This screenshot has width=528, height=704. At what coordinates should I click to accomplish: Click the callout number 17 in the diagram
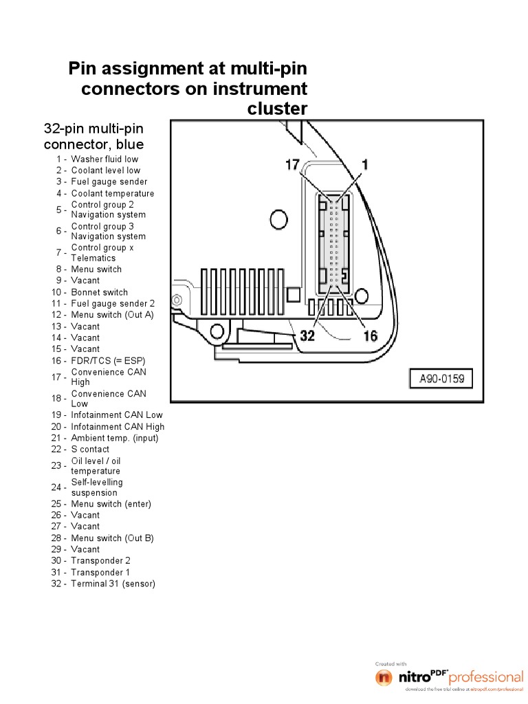(292, 165)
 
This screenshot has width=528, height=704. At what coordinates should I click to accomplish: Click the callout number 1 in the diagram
(365, 164)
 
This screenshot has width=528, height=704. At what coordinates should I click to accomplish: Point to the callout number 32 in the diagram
(307, 335)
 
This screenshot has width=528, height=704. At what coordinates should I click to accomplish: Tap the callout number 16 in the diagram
(371, 335)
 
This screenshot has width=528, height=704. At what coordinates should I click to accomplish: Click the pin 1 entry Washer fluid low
(104, 159)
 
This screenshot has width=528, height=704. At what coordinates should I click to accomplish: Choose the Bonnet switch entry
(100, 292)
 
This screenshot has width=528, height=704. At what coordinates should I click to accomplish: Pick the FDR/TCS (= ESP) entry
(108, 360)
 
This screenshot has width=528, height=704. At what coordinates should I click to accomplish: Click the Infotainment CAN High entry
(118, 426)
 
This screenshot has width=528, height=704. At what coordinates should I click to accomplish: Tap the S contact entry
(90, 449)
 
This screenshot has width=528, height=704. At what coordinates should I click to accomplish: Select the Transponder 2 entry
(100, 560)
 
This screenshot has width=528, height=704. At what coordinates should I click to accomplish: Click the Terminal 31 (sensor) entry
(113, 584)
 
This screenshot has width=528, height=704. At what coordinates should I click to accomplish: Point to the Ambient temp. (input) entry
(114, 438)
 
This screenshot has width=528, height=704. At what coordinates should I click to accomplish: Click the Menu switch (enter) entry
(111, 504)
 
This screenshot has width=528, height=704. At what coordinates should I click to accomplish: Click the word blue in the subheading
(130, 144)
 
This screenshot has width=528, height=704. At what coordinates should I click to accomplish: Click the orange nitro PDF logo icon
(384, 677)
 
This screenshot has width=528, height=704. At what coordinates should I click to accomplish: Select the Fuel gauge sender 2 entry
(113, 303)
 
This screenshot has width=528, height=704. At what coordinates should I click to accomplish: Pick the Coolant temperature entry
(113, 193)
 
